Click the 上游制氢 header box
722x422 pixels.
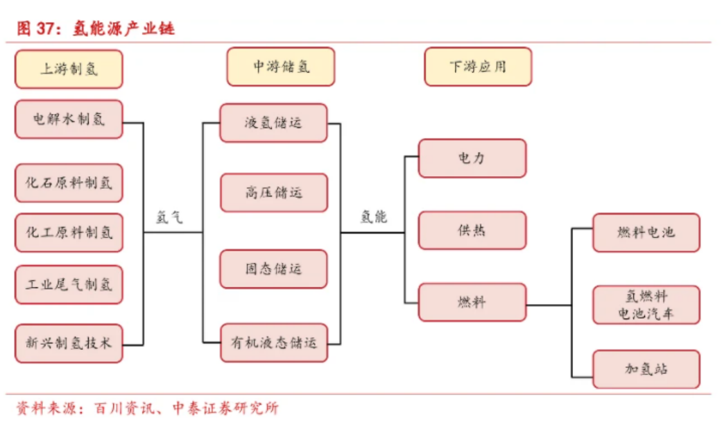pos(69,69)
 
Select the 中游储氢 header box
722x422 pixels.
pos(281,67)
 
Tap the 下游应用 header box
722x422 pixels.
pos(478,67)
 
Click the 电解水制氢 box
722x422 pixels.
pos(69,119)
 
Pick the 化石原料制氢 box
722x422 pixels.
pos(69,183)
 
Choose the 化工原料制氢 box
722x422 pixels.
pos(69,233)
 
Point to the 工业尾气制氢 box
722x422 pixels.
pos(69,285)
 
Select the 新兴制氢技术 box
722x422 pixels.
pos(69,343)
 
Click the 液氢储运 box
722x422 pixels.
pos(274,123)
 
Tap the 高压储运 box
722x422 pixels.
pos(275,192)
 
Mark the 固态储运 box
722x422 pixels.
pos(274,269)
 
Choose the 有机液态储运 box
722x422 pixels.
pos(275,343)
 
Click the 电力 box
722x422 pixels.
pos(472,158)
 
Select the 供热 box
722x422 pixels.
pos(472,230)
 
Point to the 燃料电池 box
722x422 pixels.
pos(646,233)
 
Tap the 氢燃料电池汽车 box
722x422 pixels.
pos(646,305)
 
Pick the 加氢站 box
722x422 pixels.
pos(646,369)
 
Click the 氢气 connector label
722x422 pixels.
pos(169,217)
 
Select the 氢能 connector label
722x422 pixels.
pos(373,217)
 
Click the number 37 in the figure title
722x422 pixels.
pos(46,28)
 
